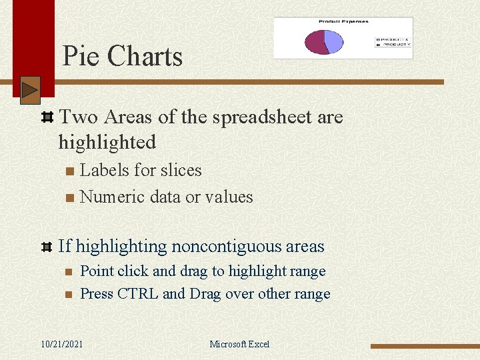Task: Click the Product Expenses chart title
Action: pyautogui.click(x=343, y=22)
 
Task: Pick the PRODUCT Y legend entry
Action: pyautogui.click(x=395, y=44)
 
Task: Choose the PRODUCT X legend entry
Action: pyautogui.click(x=395, y=39)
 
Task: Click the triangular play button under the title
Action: pyautogui.click(x=30, y=90)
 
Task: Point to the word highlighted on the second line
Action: pyautogui.click(x=107, y=142)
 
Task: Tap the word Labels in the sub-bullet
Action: pyautogui.click(x=105, y=171)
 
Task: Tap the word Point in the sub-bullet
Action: pyautogui.click(x=97, y=271)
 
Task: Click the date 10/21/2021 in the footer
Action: pyautogui.click(x=62, y=344)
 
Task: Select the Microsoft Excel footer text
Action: pyautogui.click(x=239, y=344)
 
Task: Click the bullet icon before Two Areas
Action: pyautogui.click(x=47, y=118)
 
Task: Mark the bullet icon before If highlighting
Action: pyautogui.click(x=47, y=247)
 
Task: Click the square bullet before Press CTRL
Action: pyautogui.click(x=68, y=295)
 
